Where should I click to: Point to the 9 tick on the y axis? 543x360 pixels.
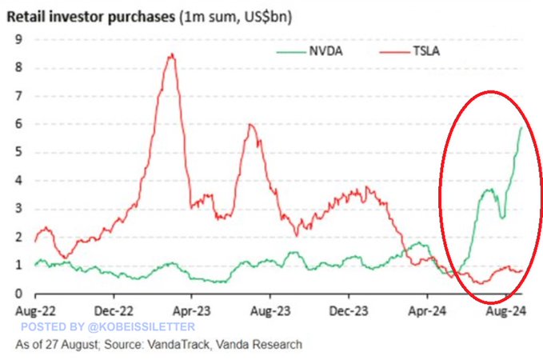(18, 39)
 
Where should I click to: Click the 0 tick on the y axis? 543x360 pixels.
(18, 294)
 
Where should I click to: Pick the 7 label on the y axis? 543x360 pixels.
(18, 96)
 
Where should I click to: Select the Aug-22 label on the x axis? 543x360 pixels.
(35, 309)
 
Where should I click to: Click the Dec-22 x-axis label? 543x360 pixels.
(114, 309)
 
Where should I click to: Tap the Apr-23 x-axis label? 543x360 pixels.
(192, 309)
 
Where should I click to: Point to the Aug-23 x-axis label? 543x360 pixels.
(270, 309)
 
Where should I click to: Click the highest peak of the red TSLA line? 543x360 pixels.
(170, 54)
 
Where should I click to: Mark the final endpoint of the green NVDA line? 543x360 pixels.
(522, 127)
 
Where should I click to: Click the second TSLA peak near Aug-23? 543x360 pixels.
(250, 124)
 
